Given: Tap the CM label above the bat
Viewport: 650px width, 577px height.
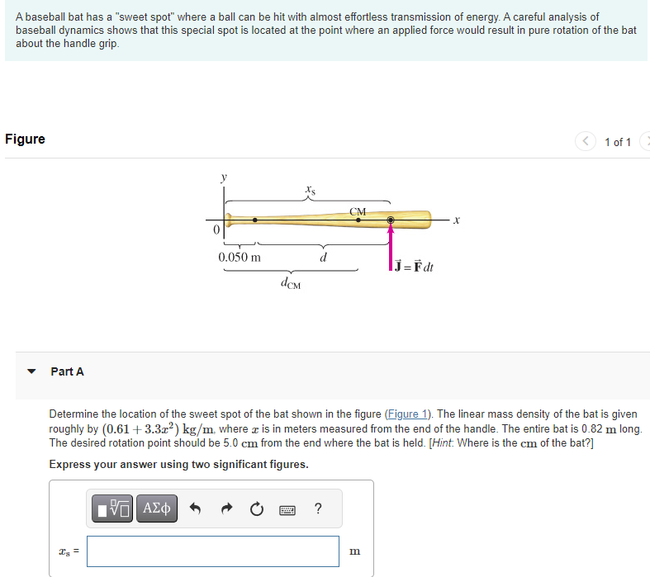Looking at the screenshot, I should [358, 211].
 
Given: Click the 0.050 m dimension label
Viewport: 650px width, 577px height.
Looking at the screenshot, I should [240, 257].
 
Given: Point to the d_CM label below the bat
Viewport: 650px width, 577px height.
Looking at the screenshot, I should [291, 284].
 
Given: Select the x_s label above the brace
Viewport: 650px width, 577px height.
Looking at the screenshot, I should [309, 190].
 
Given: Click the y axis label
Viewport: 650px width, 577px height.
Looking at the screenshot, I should [222, 176].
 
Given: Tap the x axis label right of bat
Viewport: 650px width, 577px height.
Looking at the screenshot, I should [455, 220].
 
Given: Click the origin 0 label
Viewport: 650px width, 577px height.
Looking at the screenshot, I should [216, 231].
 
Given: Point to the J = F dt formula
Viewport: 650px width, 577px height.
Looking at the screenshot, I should [414, 267].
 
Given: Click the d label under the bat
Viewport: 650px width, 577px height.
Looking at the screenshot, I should [323, 257].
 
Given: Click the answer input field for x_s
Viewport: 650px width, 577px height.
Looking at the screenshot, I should [212, 551].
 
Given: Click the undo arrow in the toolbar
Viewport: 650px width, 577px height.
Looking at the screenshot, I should [196, 508].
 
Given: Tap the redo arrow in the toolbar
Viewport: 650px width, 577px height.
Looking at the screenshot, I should [226, 508].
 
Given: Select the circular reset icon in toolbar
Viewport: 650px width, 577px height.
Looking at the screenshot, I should [257, 508].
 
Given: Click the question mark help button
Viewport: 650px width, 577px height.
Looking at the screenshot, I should [318, 508].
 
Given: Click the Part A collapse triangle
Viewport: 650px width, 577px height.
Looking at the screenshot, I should [31, 371].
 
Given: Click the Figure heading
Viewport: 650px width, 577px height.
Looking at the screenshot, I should [25, 139].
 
